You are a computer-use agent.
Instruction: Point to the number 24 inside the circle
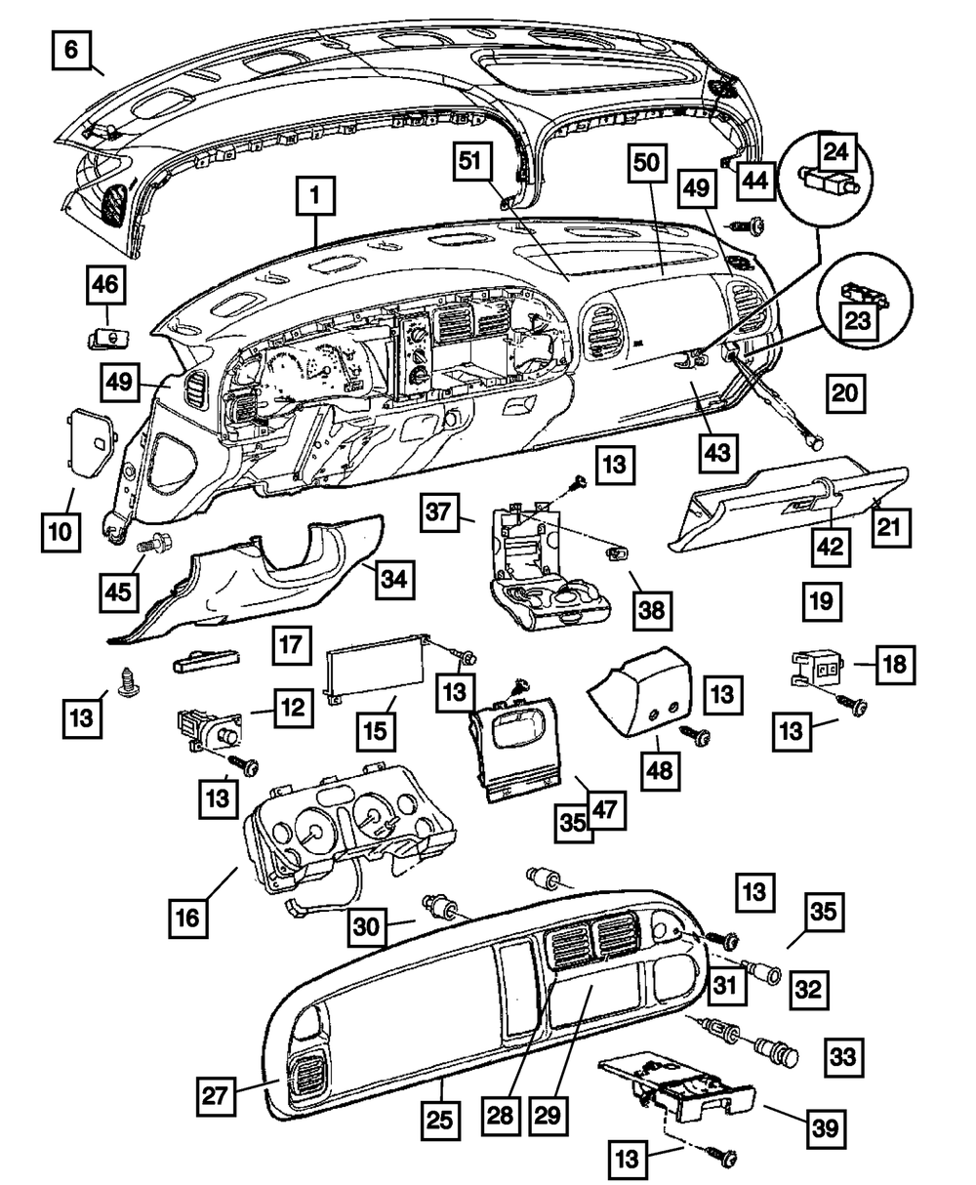point(835,151)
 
